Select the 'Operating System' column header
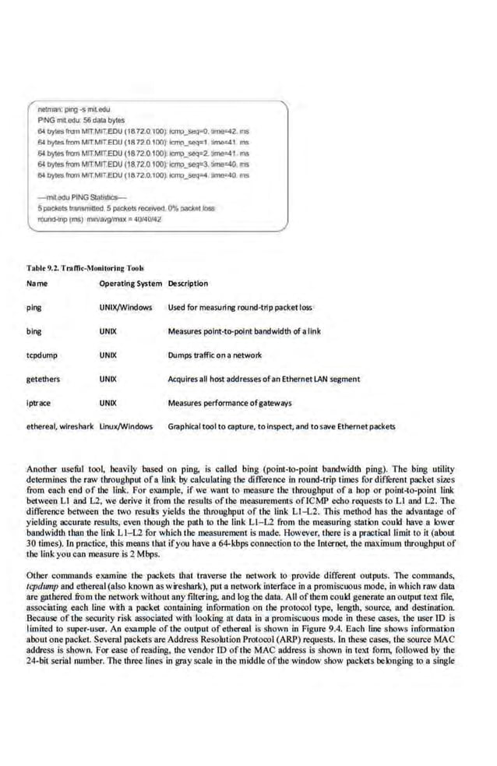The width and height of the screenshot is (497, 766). coord(130,284)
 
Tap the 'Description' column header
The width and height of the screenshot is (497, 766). coord(188,284)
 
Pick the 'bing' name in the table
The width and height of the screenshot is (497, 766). coord(33,331)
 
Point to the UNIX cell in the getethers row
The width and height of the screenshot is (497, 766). coord(108,379)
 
